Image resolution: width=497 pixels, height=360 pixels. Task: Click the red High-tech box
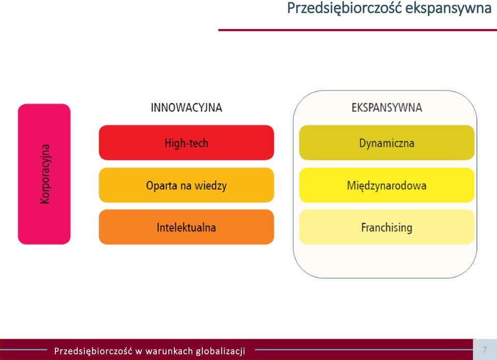tap(186, 142)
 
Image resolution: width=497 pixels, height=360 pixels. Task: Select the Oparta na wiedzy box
tap(186, 185)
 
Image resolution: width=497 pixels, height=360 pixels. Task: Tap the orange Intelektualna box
tap(186, 227)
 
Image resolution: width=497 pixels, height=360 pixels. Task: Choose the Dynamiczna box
tap(387, 142)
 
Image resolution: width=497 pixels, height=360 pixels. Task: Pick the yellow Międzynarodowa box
tap(387, 185)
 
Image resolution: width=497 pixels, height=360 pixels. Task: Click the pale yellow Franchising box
tap(387, 227)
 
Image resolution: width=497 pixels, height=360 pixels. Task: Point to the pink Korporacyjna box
tap(44, 174)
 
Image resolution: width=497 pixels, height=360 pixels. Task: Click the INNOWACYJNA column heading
tap(186, 108)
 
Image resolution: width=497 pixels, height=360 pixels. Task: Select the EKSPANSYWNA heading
tap(387, 108)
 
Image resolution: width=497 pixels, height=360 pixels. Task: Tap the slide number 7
tap(485, 350)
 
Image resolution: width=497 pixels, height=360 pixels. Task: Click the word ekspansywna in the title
tap(448, 8)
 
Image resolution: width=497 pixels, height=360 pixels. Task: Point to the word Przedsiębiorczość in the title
tap(344, 8)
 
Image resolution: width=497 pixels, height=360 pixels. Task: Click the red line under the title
tap(358, 30)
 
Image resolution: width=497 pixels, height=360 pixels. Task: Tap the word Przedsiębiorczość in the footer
tap(93, 351)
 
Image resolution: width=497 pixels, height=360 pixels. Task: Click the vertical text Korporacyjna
tap(45, 174)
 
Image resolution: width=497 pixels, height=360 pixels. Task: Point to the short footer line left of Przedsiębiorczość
tap(23, 350)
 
